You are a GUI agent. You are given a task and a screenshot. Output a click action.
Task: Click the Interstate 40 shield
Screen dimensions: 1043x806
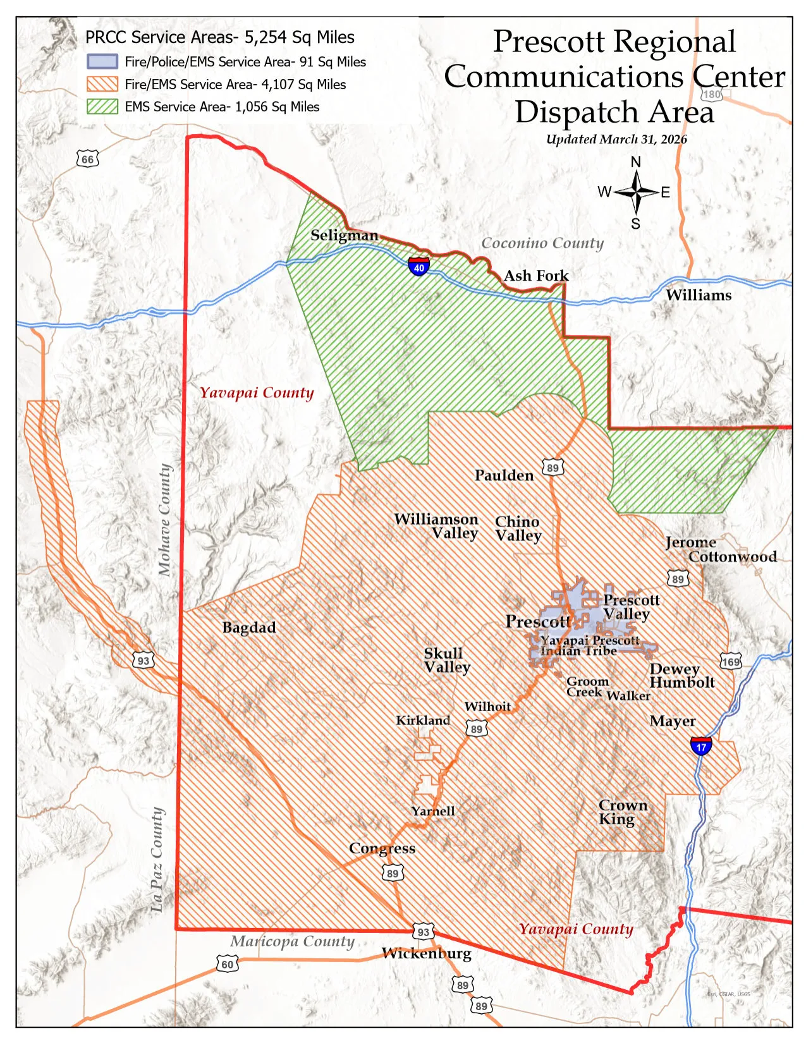pos(418,265)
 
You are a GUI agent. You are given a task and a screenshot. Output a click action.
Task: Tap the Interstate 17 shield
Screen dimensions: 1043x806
pos(701,746)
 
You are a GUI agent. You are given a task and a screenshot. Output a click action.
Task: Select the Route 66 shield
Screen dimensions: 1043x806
pos(88,159)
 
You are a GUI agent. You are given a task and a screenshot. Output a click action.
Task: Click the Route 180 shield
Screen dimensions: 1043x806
pos(712,94)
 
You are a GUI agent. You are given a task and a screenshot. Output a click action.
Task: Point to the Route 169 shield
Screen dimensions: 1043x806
pos(731,661)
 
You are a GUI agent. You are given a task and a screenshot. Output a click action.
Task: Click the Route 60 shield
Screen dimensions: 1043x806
pos(228,964)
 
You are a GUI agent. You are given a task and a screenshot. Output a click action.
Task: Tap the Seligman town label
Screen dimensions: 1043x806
pos(345,235)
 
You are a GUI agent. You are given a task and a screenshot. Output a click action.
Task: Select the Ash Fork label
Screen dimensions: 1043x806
pos(536,276)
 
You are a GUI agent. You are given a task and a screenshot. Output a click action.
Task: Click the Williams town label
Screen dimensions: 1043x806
pos(699,295)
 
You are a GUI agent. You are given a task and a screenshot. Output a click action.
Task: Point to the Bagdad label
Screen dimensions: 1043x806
pos(249,628)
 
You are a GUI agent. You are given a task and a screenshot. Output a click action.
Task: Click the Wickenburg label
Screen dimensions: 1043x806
pos(427,953)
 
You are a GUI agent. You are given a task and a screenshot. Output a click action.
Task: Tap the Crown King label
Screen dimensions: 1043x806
pos(622,812)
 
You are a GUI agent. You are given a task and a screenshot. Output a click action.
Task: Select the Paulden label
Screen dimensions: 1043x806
pos(504,475)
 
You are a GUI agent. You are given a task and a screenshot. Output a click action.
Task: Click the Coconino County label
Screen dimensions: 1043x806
pos(542,243)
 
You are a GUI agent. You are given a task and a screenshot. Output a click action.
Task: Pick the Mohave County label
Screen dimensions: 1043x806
pos(165,520)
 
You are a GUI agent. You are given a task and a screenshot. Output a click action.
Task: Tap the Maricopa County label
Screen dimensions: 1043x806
pos(292,941)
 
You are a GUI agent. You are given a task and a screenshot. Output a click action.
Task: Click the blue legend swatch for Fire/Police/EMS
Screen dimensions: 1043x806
pos(102,61)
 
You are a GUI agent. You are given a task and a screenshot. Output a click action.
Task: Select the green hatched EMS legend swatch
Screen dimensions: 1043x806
pos(102,106)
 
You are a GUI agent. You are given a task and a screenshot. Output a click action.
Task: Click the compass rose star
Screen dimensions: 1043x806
pos(636,192)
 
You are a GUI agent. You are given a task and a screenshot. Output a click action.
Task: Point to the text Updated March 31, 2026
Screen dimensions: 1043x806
pos(616,139)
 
